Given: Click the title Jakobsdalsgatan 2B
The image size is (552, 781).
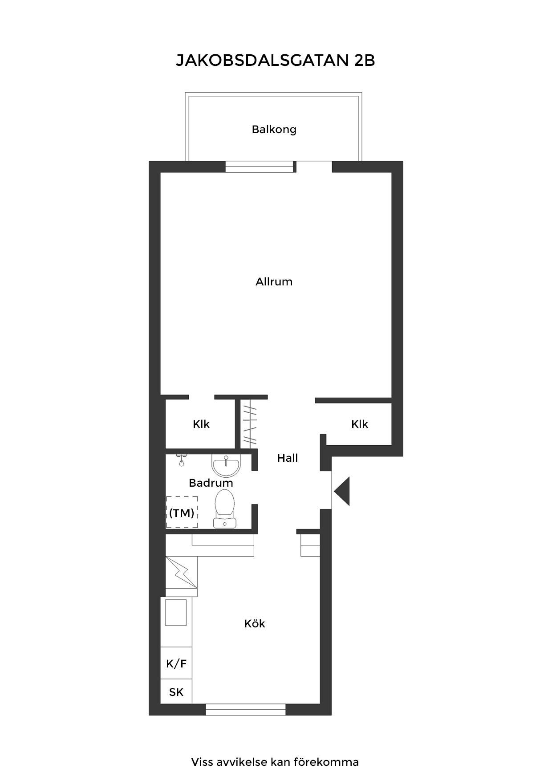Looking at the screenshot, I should (x=276, y=61).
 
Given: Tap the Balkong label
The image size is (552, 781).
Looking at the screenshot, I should (x=274, y=130).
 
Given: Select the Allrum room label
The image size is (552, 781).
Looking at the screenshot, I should (x=274, y=282).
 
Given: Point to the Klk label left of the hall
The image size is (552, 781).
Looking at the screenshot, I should (x=201, y=424).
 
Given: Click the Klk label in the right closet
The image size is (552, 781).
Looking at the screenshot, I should (x=360, y=424).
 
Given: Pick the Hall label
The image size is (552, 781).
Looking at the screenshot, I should (x=288, y=458).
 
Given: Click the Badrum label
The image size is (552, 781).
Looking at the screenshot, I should (x=211, y=483).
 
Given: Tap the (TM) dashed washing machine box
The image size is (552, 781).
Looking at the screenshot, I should (x=182, y=513).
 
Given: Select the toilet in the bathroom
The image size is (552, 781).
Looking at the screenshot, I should (x=224, y=508).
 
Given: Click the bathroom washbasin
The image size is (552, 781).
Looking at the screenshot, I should (x=226, y=466).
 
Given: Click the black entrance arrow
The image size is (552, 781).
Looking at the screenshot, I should (x=342, y=491).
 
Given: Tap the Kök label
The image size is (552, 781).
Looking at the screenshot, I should (x=255, y=624).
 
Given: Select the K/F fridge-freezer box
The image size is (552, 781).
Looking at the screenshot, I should (x=176, y=664).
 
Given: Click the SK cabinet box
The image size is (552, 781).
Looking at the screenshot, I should (x=176, y=692).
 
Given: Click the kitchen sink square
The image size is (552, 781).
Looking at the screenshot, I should (x=176, y=613).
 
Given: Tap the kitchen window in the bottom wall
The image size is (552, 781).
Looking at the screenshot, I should (x=245, y=709).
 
